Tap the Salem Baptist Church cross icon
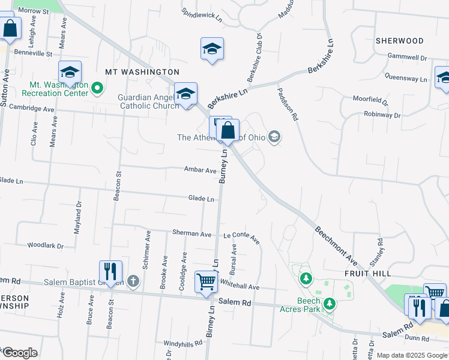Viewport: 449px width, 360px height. pos(133,281)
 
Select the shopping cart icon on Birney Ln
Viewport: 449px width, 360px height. pos(206,281)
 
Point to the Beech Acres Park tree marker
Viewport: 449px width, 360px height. pos(329,304)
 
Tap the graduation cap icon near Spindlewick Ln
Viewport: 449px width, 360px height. pos(212,49)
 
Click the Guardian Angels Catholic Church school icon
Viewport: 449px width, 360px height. pos(186,94)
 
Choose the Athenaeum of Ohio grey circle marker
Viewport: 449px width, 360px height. pos(275,137)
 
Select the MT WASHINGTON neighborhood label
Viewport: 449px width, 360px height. pos(142,72)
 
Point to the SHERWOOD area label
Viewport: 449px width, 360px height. pos(399,41)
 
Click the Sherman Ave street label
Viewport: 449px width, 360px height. pos(191,233)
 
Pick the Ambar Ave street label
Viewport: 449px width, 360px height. pos(200,170)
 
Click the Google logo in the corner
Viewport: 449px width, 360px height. pos(19,353)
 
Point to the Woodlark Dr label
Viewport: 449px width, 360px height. pos(45,245)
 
